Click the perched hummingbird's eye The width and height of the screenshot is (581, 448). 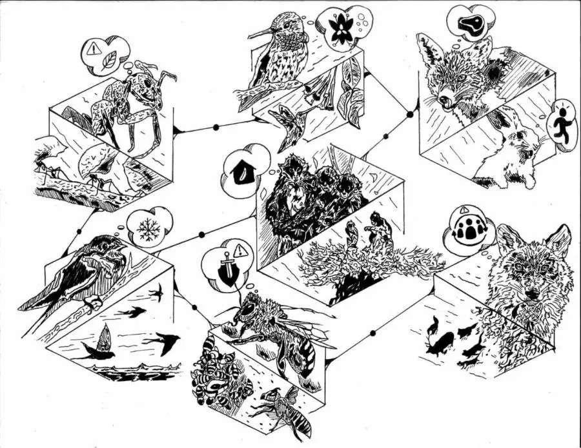click(281, 26)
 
